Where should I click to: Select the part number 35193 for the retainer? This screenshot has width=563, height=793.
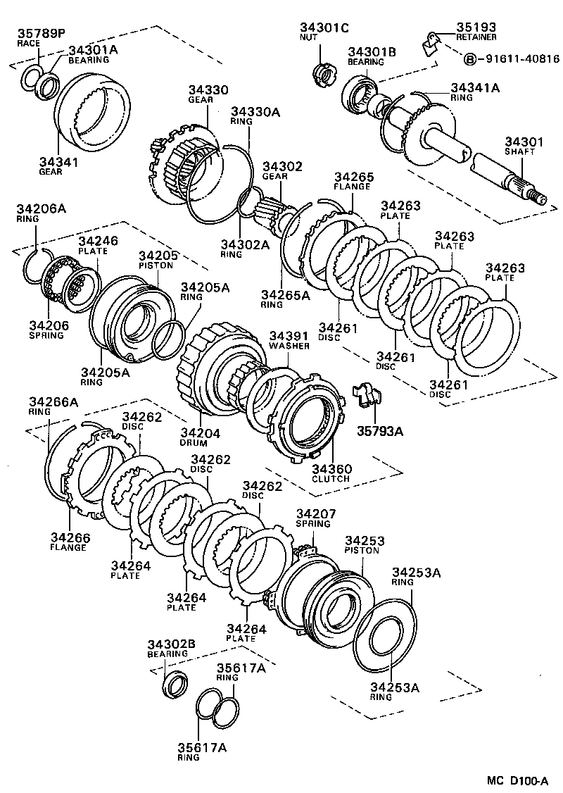pos(475,26)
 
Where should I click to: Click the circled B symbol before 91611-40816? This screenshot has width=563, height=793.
pos(470,59)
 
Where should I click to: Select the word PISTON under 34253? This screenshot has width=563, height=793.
pos(362,550)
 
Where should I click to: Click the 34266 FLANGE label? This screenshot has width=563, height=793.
pos(68,542)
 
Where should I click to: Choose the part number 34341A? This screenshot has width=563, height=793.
pos(475,87)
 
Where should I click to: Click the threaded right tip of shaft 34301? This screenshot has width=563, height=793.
pos(542,198)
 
